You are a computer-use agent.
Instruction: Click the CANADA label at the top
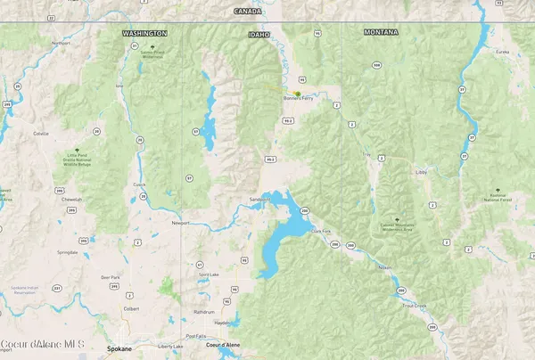point(248,11)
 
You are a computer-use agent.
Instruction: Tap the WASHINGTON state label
point(144,33)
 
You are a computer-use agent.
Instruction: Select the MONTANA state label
point(382,32)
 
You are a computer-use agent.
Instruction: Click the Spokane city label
point(119,348)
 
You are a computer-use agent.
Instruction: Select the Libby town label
point(423,172)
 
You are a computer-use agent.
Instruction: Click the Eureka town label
point(503,52)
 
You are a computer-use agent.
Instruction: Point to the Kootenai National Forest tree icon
point(495,190)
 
